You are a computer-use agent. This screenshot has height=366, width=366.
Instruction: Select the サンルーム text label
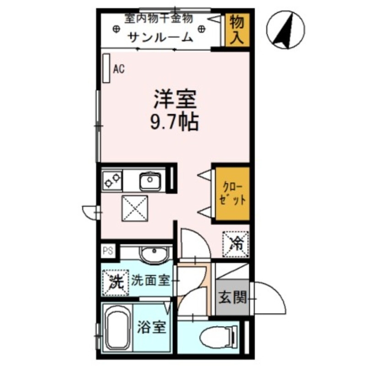[x=160, y=37]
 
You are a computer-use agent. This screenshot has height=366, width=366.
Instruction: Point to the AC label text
[x=118, y=69]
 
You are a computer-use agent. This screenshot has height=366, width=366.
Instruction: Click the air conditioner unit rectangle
[x=106, y=69]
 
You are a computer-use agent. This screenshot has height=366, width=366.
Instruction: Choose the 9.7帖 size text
[x=174, y=122]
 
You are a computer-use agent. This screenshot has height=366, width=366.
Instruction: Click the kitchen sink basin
[x=150, y=182]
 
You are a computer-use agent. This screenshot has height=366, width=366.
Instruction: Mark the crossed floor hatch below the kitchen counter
[x=135, y=208]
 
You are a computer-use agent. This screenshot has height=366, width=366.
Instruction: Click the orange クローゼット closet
[x=232, y=194]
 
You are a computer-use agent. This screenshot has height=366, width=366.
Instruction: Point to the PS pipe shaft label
[x=108, y=250]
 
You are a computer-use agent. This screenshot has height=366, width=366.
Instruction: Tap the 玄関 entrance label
[x=232, y=298]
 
